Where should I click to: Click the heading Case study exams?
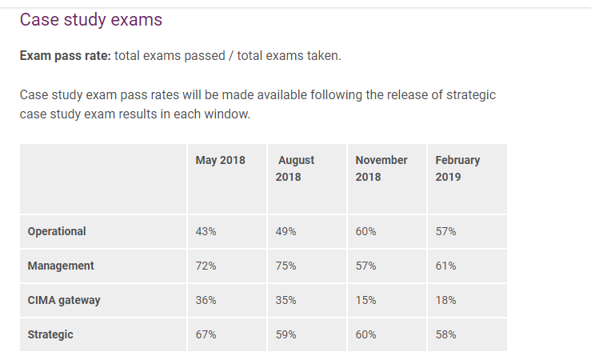coord(90,20)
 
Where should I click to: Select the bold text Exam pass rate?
coord(65,56)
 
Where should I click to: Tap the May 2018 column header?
coord(220,160)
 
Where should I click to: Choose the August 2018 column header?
coord(295,168)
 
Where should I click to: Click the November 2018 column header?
coord(381,168)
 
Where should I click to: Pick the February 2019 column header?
coord(457,168)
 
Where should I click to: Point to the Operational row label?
coord(57,231)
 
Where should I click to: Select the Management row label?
coord(61,266)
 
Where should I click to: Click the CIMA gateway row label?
coord(64,300)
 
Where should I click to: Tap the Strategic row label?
coord(50,334)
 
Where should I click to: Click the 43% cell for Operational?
coord(206,231)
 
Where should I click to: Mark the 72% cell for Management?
coord(206,266)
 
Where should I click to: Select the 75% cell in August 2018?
coord(286,266)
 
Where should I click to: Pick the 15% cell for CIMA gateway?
coord(365,300)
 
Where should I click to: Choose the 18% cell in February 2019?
coord(445,300)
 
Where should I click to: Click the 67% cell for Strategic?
coord(206,334)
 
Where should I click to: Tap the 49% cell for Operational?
coord(286,231)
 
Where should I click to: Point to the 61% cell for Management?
coord(445,266)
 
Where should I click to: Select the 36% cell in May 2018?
coord(206,300)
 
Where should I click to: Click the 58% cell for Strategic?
coord(445,334)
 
